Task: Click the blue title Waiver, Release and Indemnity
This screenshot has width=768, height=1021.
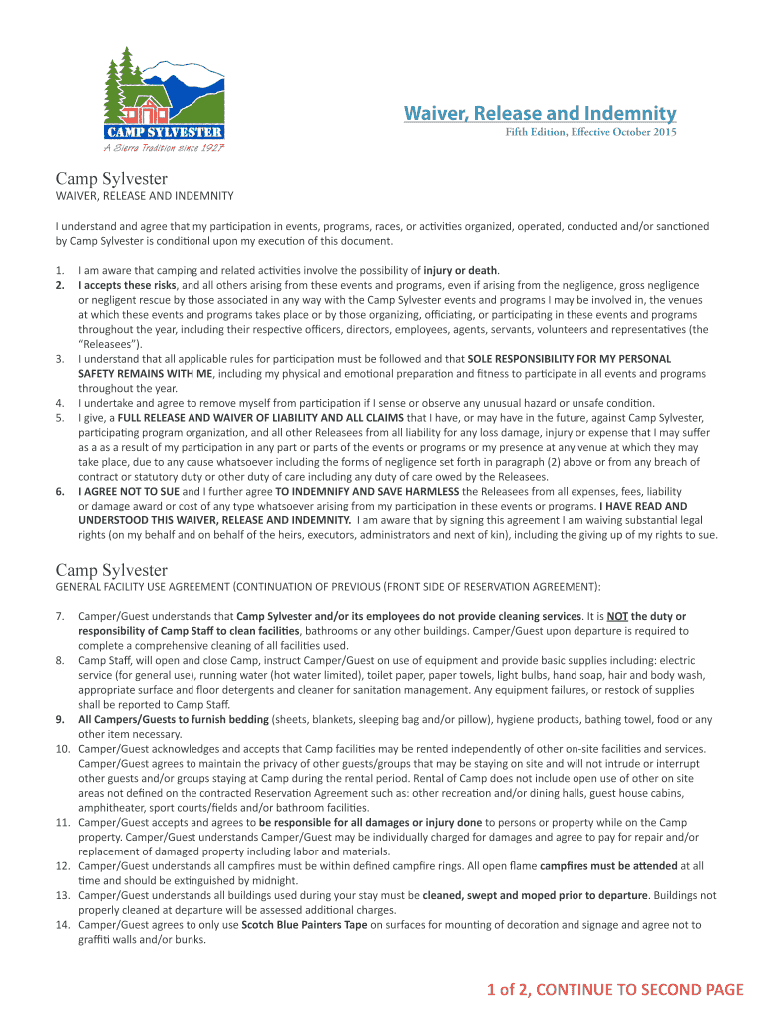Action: pyautogui.click(x=540, y=113)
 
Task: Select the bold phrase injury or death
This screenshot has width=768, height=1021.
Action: pyautogui.click(x=460, y=270)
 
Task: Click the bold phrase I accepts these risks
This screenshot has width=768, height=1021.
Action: pyautogui.click(x=128, y=285)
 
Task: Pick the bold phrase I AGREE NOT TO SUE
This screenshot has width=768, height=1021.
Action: pyautogui.click(x=128, y=491)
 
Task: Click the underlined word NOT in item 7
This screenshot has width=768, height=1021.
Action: pyautogui.click(x=618, y=616)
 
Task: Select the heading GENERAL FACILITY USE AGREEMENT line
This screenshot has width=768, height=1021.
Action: pyautogui.click(x=328, y=586)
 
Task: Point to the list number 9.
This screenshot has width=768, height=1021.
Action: pyautogui.click(x=61, y=719)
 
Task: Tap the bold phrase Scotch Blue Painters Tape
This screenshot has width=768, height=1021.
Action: pyautogui.click(x=304, y=925)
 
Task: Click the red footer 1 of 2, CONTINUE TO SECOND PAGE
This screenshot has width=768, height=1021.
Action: pyautogui.click(x=614, y=989)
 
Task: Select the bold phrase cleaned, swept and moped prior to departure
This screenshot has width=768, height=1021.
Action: pyautogui.click(x=535, y=895)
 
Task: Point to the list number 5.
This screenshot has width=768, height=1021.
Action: pyautogui.click(x=61, y=416)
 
